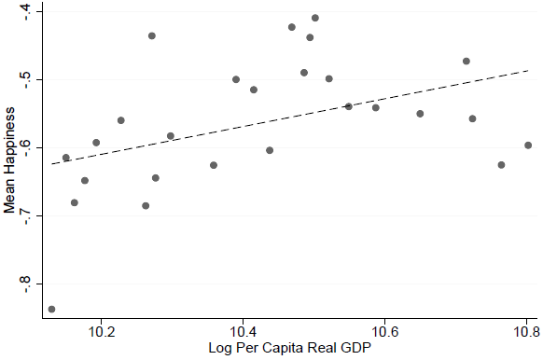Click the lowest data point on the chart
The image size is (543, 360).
pos(51,309)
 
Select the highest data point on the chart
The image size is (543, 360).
pos(315,18)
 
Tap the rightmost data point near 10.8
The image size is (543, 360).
pos(528,145)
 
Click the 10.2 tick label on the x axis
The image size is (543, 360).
pos(101,332)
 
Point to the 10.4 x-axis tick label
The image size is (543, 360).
pos(244,332)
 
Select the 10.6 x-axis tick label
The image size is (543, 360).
pos(384,332)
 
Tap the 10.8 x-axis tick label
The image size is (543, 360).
pos(526,332)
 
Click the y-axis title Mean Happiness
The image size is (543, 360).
pos(9,159)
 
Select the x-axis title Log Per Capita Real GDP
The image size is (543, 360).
pos(290,348)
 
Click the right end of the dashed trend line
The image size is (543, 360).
pos(528,70)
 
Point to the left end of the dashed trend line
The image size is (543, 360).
pos(51,164)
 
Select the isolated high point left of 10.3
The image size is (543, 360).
pos(152,35)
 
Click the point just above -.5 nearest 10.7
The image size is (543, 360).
pos(466,62)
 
